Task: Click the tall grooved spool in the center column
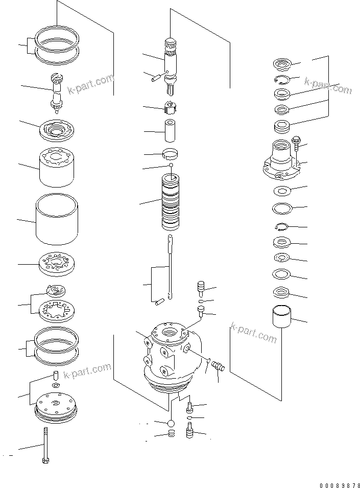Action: [171, 202]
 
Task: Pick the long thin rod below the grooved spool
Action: [170, 268]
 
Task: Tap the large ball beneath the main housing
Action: [171, 423]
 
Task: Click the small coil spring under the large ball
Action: [172, 434]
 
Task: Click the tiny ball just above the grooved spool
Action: [171, 165]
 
